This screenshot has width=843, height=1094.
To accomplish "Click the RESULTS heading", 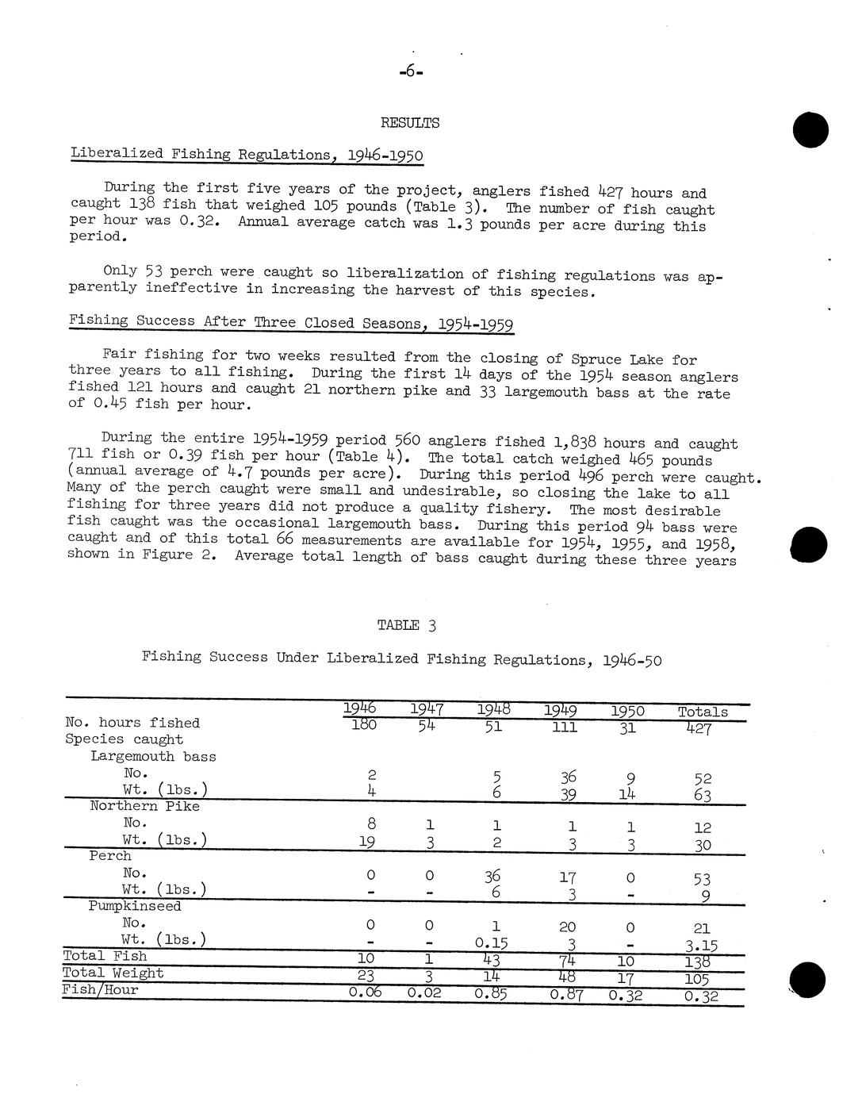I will [x=410, y=123].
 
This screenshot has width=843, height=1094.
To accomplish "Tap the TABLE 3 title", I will [x=407, y=625].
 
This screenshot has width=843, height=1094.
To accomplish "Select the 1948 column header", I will [x=493, y=709].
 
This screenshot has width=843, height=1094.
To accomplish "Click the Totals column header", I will [x=703, y=712].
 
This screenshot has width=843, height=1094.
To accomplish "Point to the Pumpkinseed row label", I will [x=135, y=906].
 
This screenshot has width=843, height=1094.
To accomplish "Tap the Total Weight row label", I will [x=113, y=973].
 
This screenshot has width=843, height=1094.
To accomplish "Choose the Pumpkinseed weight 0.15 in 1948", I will [x=492, y=942].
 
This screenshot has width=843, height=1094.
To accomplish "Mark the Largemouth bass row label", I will [x=153, y=756].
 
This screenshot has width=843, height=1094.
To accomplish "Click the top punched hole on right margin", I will [x=809, y=129].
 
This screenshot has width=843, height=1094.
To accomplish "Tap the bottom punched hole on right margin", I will [x=809, y=980].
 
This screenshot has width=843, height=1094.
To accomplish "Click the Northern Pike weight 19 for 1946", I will [x=366, y=841].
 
